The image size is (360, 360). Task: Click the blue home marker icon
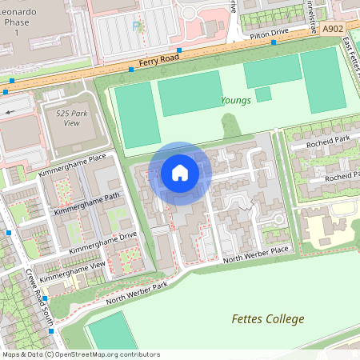[180, 173]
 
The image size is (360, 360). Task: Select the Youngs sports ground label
[236, 101]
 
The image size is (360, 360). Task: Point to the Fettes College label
[268, 318]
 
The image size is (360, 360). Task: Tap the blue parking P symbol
[136, 26]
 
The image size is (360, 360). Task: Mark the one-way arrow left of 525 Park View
[10, 112]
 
